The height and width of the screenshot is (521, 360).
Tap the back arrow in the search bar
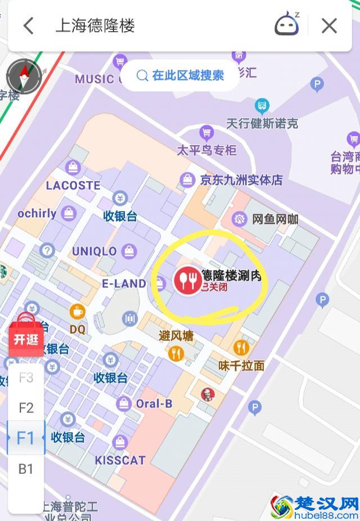coord(29,26)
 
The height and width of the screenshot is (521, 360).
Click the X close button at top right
coord(329,26)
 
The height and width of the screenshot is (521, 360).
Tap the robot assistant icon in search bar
coord(287,25)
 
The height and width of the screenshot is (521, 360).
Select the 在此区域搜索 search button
coord(180,75)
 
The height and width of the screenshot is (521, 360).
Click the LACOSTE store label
coord(73,185)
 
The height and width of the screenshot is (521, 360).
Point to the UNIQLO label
coord(94,251)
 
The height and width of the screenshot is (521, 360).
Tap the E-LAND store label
coord(124,284)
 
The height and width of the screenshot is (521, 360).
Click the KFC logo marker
coord(208,394)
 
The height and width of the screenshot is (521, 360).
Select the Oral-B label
coord(154,403)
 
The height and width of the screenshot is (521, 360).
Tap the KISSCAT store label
coord(120,460)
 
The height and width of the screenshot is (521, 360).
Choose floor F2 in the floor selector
coord(26,408)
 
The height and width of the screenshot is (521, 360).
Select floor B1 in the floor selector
coord(26,469)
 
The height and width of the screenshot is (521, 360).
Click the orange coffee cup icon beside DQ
coord(77,311)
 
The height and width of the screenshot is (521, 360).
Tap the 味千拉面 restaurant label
coord(241,365)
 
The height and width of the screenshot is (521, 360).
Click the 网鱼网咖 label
coord(274,219)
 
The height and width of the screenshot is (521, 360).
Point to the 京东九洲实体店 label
coord(241,180)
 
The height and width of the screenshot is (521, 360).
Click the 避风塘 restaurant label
coord(176,336)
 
